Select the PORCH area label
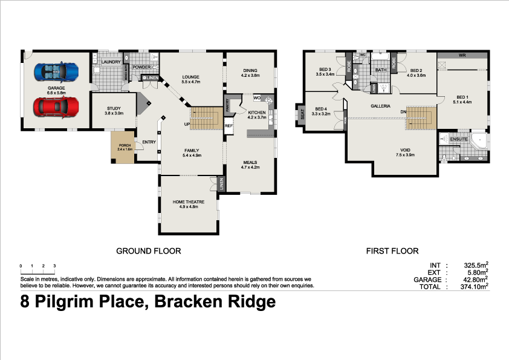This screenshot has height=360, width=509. pyautogui.click(x=124, y=145)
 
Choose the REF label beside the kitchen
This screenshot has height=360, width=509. pyautogui.click(x=229, y=126)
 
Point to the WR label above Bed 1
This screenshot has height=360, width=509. pyautogui.click(x=462, y=55)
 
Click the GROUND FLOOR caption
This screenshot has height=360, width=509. pyautogui.click(x=149, y=250)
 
